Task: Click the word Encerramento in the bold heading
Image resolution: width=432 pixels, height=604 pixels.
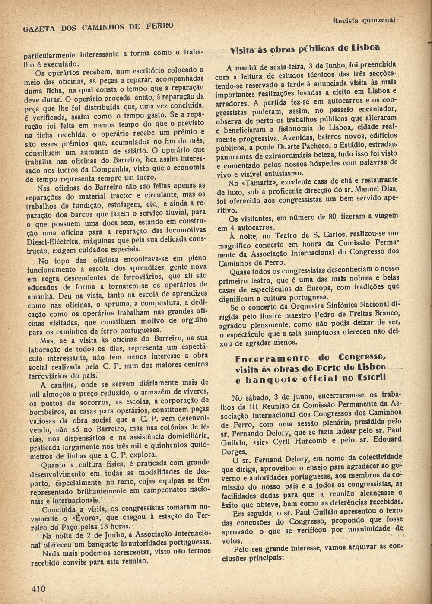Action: click(272, 358)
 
